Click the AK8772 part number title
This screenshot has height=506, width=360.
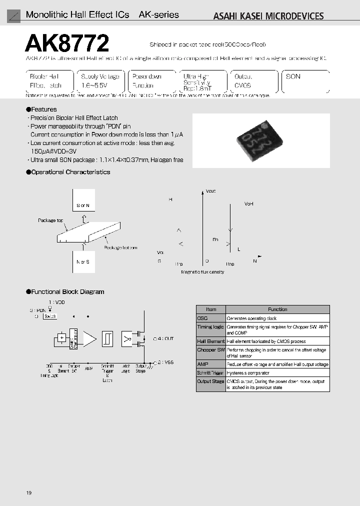pyautogui.click(x=67, y=44)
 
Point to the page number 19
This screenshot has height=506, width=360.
pyautogui.click(x=29, y=493)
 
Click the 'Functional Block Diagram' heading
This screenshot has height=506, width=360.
pyautogui.click(x=65, y=291)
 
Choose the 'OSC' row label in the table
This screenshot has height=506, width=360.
pyautogui.click(x=203, y=318)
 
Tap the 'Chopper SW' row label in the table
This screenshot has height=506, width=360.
pyautogui.click(x=210, y=350)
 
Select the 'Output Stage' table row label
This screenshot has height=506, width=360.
pyautogui.click(x=210, y=381)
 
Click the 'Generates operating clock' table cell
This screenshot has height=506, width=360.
pyautogui.click(x=251, y=318)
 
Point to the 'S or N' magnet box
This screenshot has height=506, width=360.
pyautogui.click(x=83, y=205)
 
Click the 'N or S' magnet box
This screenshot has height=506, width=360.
pyautogui.click(x=83, y=261)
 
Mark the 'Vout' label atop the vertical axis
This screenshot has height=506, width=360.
pyautogui.click(x=210, y=191)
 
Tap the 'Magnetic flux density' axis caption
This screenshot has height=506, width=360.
pyautogui.click(x=202, y=272)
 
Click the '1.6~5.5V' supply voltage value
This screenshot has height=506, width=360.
pyautogui.click(x=93, y=85)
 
